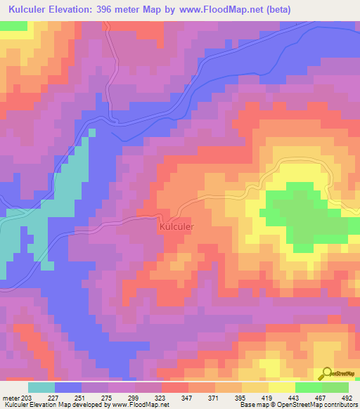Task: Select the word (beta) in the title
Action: click(x=274, y=10)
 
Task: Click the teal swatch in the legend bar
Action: click(x=41, y=387)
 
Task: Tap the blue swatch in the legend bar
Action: click(x=68, y=387)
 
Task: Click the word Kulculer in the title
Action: click(x=30, y=10)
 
